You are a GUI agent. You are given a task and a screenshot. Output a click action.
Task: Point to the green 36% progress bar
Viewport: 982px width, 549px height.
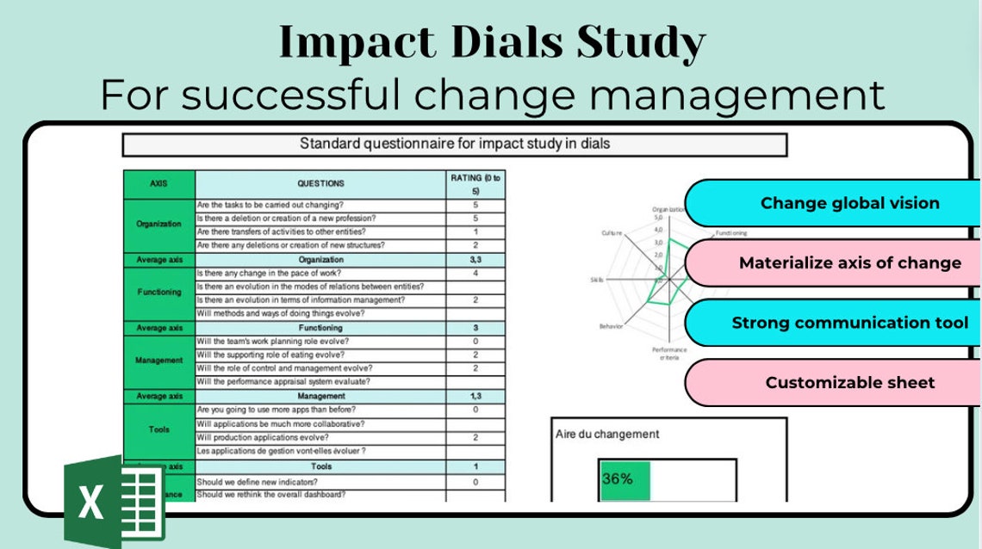coord(625,479)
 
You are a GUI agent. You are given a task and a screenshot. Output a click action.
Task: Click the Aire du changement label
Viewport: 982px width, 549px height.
coord(607,435)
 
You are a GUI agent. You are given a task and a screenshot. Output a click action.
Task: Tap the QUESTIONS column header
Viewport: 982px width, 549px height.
coord(320,183)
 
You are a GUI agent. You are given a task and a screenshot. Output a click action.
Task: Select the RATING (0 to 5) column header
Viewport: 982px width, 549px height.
coord(475,183)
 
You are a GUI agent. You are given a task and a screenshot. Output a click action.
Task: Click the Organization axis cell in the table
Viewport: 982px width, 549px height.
coord(159,224)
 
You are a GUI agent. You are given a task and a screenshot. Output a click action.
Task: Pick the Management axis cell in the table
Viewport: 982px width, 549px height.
coord(159,361)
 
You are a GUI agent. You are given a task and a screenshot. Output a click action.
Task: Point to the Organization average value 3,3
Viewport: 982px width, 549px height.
coord(475,259)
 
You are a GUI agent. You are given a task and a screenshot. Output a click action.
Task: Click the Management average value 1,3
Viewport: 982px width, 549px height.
coord(475,396)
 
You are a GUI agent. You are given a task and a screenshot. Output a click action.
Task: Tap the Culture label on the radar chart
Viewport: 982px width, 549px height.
coord(612,233)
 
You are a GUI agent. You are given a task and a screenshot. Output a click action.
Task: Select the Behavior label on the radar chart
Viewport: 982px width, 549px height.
coord(611,327)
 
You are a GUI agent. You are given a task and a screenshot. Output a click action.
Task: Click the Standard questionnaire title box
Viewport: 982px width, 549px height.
coord(455,144)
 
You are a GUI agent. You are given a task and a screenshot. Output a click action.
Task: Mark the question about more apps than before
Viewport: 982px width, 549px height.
coord(276,410)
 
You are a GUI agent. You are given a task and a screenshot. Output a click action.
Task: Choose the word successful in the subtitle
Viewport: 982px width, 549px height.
coord(289,95)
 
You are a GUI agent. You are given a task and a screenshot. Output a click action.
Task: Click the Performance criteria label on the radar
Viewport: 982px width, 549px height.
coord(669,354)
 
